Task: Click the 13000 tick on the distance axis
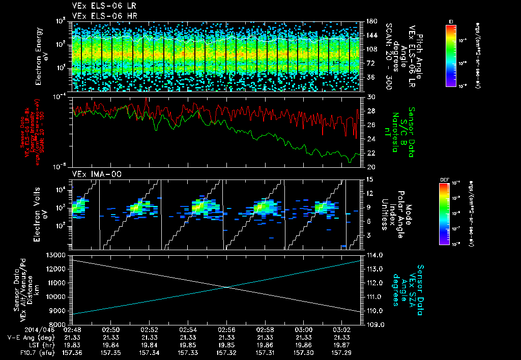(x=56, y=255)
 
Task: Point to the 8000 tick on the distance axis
(x=59, y=324)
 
